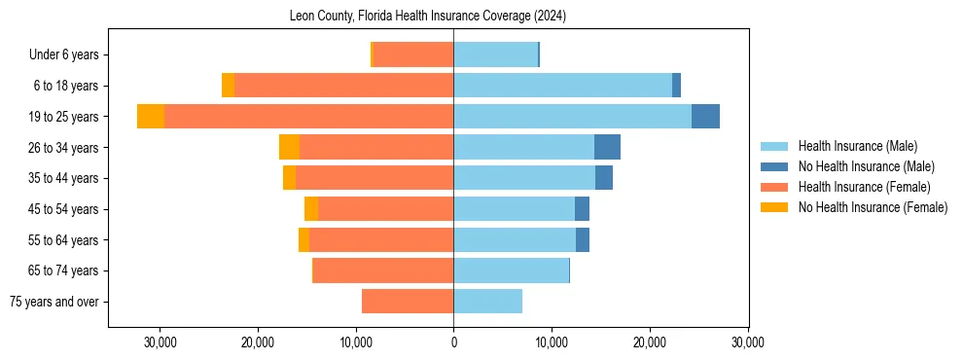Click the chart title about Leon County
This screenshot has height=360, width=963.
pyautogui.click(x=428, y=17)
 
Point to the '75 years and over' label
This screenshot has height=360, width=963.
pyautogui.click(x=53, y=302)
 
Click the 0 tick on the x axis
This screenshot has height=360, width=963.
pyautogui.click(x=453, y=342)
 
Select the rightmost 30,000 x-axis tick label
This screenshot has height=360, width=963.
pyautogui.click(x=747, y=342)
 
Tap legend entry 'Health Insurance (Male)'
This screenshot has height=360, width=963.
pyautogui.click(x=857, y=147)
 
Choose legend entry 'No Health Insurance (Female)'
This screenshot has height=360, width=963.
pyautogui.click(x=872, y=207)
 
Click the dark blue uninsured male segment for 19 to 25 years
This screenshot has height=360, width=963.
pyautogui.click(x=705, y=117)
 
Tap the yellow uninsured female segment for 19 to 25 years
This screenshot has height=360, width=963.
pyautogui.click(x=151, y=117)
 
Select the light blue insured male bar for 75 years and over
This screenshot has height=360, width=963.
pyautogui.click(x=487, y=302)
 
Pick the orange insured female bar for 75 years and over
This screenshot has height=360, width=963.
pyautogui.click(x=408, y=302)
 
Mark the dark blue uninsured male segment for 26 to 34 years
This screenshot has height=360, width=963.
pyautogui.click(x=607, y=147)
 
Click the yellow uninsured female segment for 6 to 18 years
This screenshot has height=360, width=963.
pyautogui.click(x=228, y=86)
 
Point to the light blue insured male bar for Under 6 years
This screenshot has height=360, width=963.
pyautogui.click(x=495, y=55)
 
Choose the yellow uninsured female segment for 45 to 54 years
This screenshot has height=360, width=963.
pyautogui.click(x=311, y=209)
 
